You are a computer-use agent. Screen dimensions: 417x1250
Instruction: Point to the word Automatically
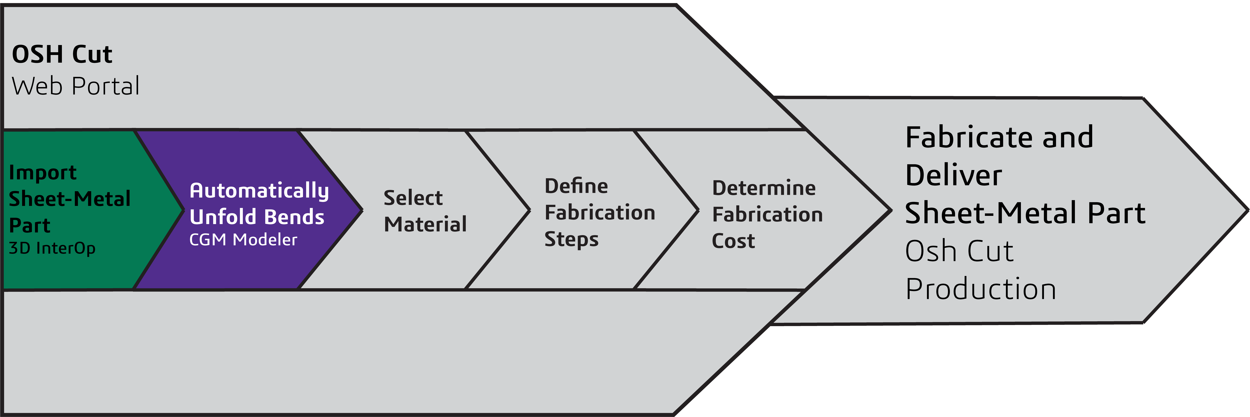coord(259,191)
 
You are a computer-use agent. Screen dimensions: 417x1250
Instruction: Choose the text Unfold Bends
coord(257,217)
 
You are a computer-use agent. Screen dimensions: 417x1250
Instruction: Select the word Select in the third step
coord(413,198)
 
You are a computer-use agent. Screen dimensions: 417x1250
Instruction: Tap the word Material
coord(425,224)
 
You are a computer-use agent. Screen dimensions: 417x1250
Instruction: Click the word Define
coord(576,186)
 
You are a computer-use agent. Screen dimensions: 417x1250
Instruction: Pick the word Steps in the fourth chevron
coord(571,239)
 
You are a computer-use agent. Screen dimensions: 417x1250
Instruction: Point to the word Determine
coord(764,188)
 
